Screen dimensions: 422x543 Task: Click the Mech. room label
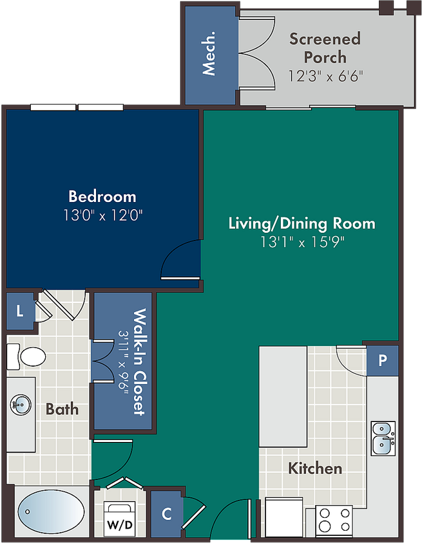[x=209, y=53]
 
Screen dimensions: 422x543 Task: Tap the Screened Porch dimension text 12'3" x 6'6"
[x=325, y=76]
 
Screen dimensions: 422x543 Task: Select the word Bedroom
[x=102, y=196]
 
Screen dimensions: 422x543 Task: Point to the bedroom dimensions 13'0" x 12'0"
[x=103, y=215]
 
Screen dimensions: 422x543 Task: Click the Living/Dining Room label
[x=302, y=223]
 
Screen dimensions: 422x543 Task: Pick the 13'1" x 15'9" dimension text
[x=302, y=242]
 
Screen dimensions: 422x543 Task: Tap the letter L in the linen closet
[x=20, y=311]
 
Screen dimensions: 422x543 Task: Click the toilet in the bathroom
[x=26, y=356]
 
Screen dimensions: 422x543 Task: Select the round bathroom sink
[x=21, y=405]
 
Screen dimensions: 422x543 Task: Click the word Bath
[x=62, y=409]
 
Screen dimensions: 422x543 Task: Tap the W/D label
[x=120, y=525]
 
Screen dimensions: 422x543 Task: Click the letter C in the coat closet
[x=167, y=514]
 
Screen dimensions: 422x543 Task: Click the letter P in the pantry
[x=383, y=360]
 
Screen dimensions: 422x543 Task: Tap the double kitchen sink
[x=383, y=438]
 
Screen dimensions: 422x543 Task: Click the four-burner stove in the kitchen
[x=334, y=520]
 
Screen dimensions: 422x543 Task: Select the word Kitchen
[x=315, y=468]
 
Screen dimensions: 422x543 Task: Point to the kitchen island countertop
[x=283, y=396]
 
